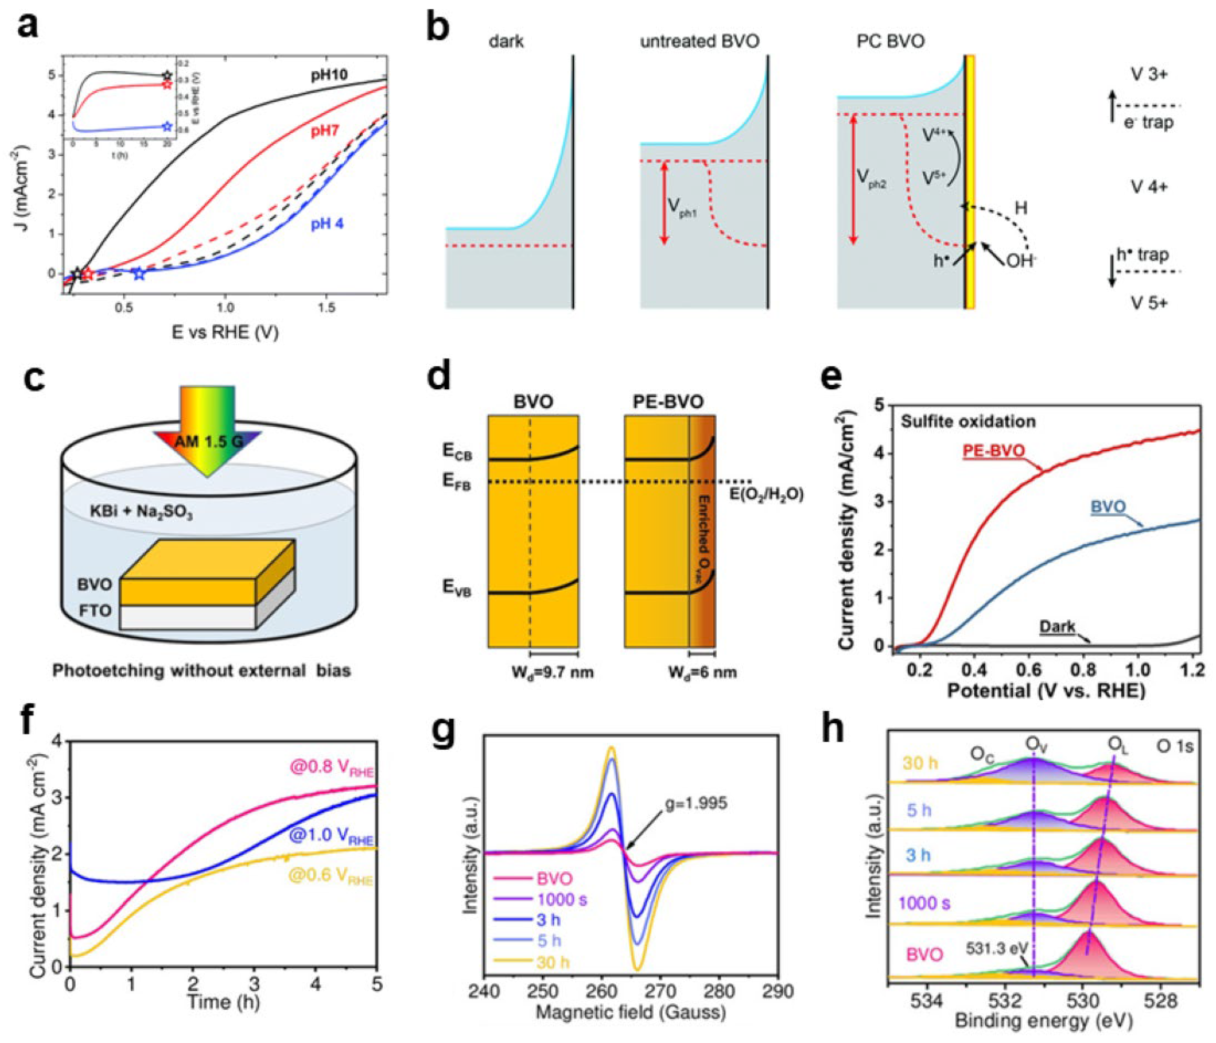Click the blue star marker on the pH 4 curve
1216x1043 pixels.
[138, 273]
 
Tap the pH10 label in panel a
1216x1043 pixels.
[329, 75]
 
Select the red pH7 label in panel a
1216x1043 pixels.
[325, 130]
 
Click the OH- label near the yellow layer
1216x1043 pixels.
[1021, 261]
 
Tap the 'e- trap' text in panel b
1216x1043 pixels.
[1149, 123]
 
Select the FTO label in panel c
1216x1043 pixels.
[95, 611]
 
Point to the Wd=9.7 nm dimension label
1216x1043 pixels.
[552, 672]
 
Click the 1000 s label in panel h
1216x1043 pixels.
[924, 903]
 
